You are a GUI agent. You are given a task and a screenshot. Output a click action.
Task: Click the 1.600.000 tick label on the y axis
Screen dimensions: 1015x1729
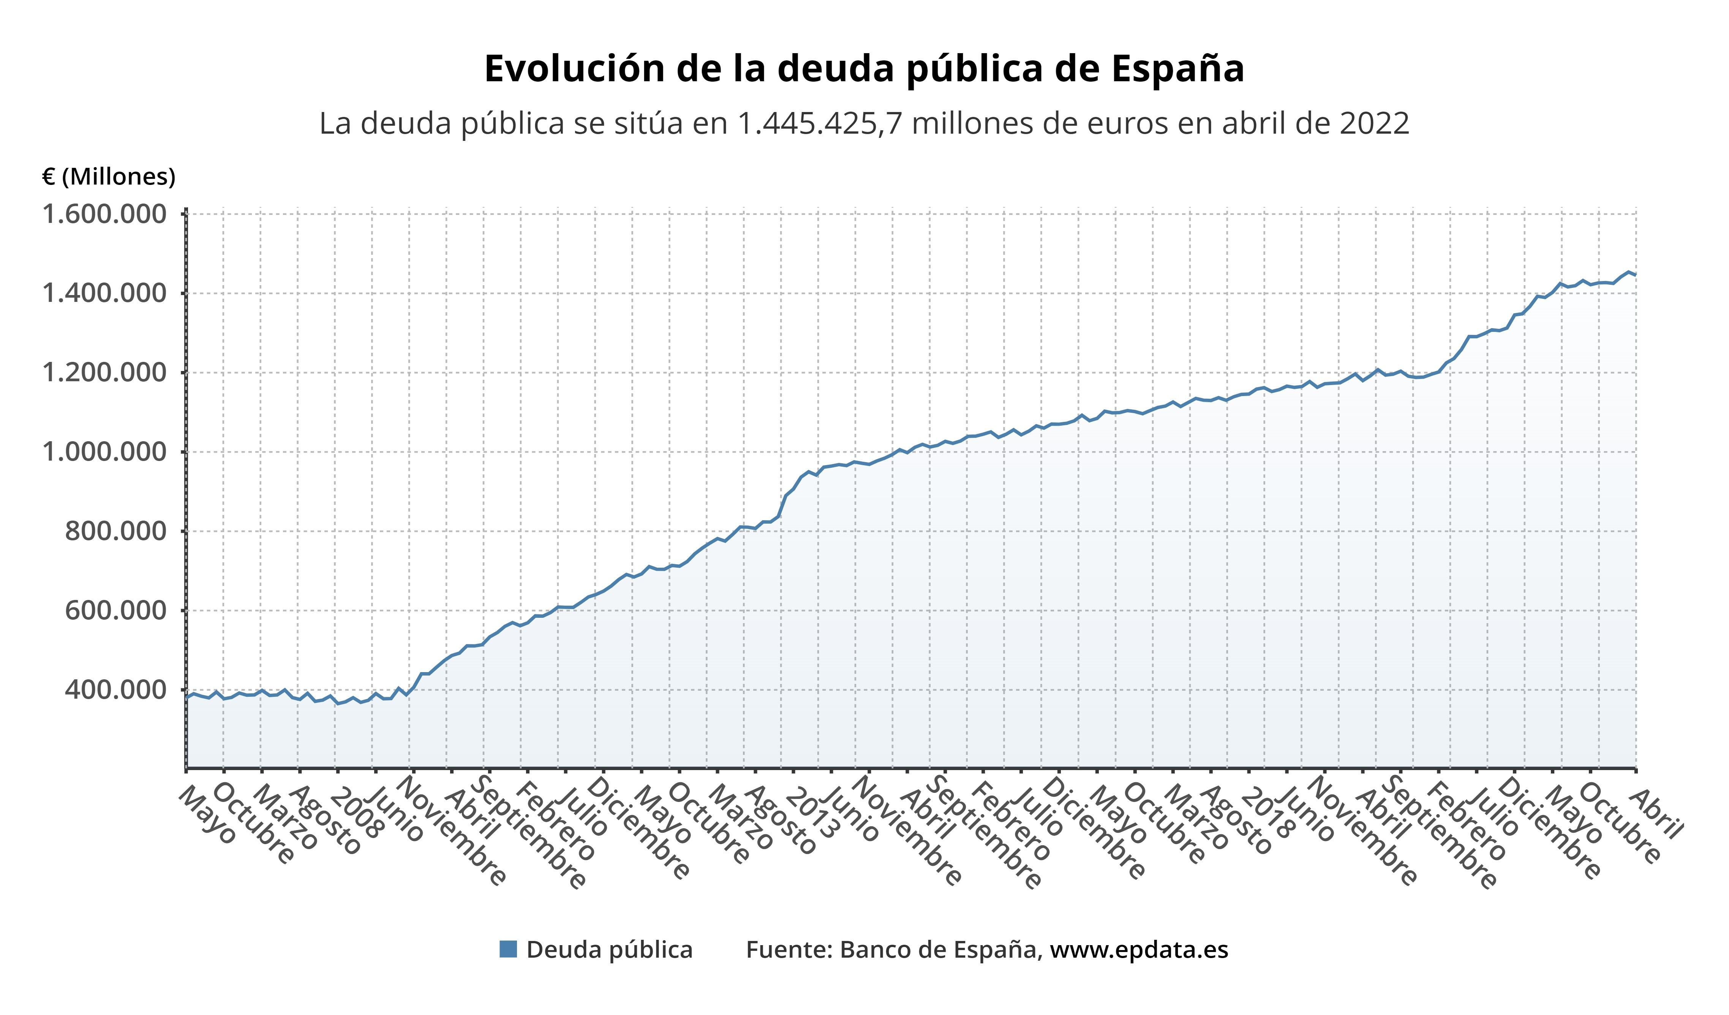104,215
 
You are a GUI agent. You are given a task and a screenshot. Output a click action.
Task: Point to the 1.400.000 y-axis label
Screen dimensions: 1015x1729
104,294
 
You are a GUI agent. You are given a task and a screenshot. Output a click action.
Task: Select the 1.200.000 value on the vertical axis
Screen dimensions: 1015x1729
104,373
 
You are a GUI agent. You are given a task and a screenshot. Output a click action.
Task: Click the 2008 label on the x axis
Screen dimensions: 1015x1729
356,816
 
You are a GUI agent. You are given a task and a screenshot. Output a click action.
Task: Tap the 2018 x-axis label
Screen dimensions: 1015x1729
1267,816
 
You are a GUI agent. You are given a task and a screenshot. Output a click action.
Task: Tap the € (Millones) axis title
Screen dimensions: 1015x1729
108,177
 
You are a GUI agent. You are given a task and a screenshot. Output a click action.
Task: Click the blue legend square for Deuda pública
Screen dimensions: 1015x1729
509,949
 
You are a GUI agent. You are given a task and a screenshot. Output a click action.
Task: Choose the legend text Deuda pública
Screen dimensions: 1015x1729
609,950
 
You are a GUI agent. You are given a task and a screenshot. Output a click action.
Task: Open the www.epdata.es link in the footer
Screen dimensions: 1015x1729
1139,950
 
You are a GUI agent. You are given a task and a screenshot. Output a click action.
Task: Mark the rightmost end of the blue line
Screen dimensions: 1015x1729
1635,275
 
